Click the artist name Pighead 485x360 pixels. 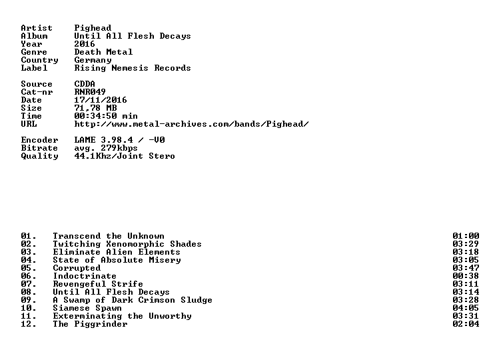pyautogui.click(x=93, y=28)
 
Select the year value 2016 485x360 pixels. pyautogui.click(x=85, y=44)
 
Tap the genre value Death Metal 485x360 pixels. pyautogui.click(x=103, y=52)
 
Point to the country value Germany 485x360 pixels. pyautogui.click(x=93, y=61)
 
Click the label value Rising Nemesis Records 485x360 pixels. pyautogui.click(x=133, y=68)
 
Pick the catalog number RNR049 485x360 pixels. pyautogui.click(x=90, y=92)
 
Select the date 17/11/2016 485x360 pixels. pyautogui.click(x=101, y=100)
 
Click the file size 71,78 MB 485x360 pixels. pyautogui.click(x=95, y=108)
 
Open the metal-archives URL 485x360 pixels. pyautogui.click(x=191, y=124)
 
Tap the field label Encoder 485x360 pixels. pyautogui.click(x=39, y=140)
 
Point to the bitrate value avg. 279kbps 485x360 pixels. pyautogui.click(x=106, y=148)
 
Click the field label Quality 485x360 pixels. pyautogui.click(x=39, y=156)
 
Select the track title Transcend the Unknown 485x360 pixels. pyautogui.click(x=109, y=236)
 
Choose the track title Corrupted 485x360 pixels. pyautogui.click(x=77, y=269)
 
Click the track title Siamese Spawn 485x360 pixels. pyautogui.click(x=87, y=308)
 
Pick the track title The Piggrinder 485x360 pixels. pyautogui.click(x=90, y=325)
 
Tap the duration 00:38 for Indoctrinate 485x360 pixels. pyautogui.click(x=466, y=276)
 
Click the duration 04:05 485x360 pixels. pyautogui.click(x=466, y=308)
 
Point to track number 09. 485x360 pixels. pyautogui.click(x=29, y=300)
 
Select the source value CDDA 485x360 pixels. pyautogui.click(x=85, y=84)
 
